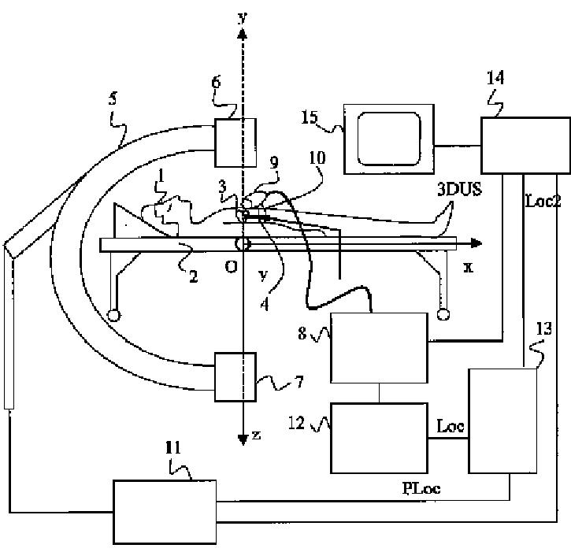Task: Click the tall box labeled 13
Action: [502, 420]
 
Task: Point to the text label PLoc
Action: [421, 488]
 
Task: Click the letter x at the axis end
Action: [469, 267]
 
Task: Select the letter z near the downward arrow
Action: [256, 435]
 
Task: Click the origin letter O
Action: [231, 267]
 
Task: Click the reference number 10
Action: [317, 158]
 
